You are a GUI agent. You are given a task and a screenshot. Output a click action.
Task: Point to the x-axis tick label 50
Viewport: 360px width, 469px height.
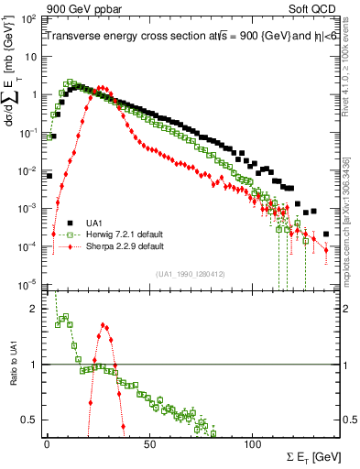tap(150, 445)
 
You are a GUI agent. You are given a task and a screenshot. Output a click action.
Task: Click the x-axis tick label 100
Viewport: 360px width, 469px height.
tap(254, 445)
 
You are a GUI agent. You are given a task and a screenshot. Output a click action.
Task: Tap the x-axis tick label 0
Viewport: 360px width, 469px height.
tap(47, 445)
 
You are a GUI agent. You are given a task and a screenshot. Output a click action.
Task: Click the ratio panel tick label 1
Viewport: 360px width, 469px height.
tap(36, 365)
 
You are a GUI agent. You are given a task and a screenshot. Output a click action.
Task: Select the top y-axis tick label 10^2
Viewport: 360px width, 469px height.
tap(30, 18)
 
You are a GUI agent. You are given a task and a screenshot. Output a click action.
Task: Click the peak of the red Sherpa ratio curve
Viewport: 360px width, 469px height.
tap(104, 323)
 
